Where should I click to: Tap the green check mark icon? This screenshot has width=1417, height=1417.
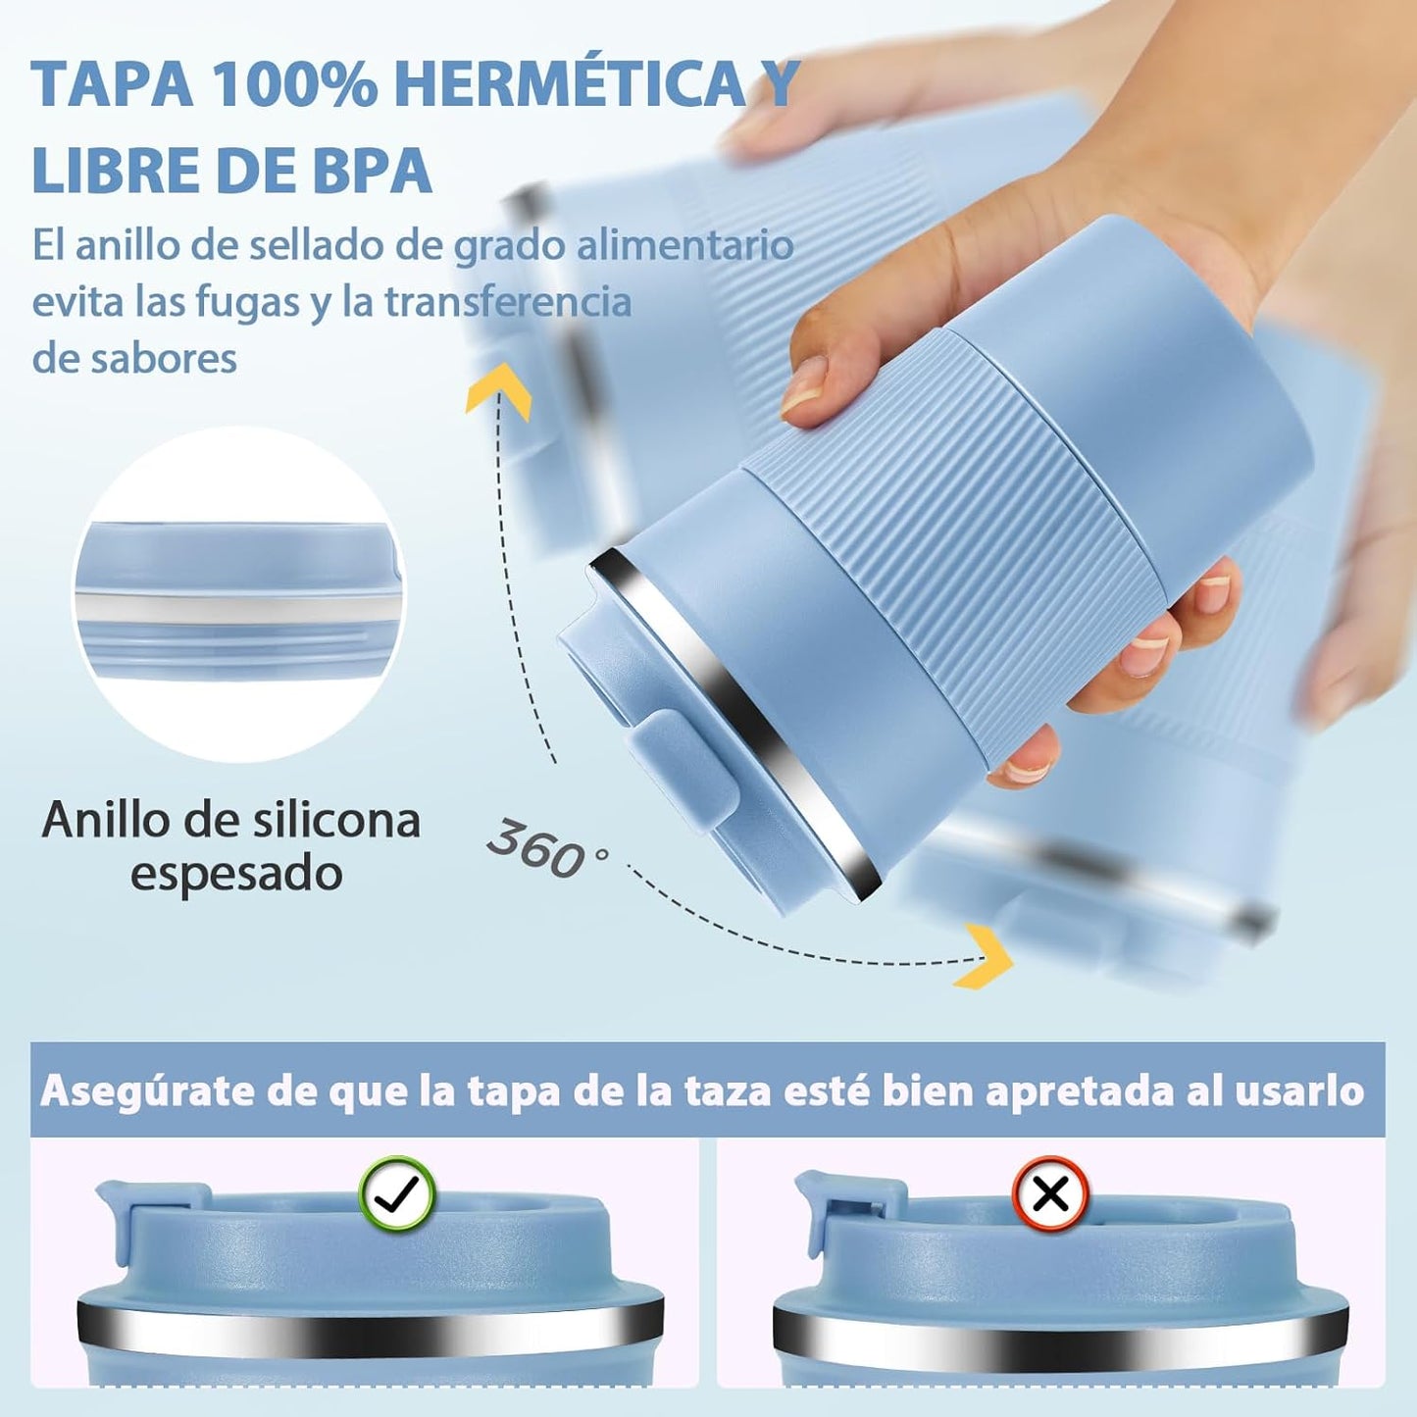tap(398, 1193)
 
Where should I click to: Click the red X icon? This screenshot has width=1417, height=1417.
tap(1050, 1193)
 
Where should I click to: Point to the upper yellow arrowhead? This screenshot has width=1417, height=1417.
tap(499, 388)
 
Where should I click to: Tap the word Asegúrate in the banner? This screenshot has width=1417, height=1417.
tap(144, 1090)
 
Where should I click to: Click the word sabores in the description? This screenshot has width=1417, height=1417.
tap(134, 358)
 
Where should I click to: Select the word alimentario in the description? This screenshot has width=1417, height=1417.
tap(684, 245)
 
